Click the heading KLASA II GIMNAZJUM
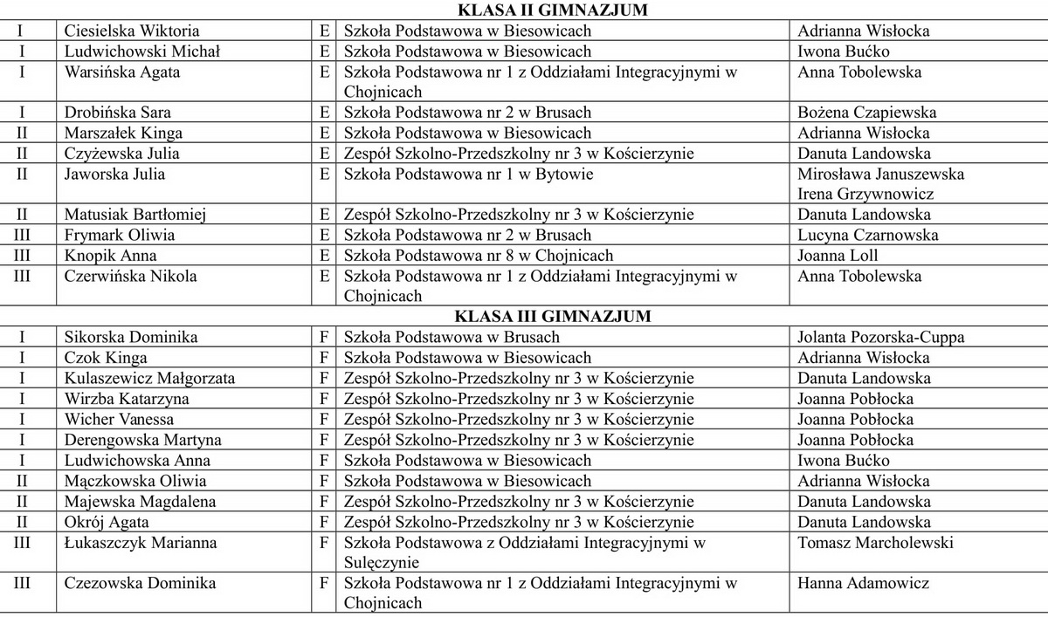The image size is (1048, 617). (555, 10)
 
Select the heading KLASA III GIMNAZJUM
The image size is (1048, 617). (555, 317)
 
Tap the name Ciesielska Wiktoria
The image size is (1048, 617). (132, 31)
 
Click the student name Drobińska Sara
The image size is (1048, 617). (118, 113)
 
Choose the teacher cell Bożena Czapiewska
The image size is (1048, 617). (867, 113)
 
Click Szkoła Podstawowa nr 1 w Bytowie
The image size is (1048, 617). (469, 175)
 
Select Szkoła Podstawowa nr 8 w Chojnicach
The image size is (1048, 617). (479, 256)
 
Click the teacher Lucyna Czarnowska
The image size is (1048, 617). (868, 236)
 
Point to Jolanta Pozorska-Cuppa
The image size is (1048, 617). (880, 338)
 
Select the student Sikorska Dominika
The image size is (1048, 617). (131, 338)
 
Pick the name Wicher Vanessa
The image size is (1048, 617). (119, 420)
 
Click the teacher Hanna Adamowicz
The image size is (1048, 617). (864, 584)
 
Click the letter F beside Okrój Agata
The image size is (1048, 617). (324, 523)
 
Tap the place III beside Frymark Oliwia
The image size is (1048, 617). (22, 236)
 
